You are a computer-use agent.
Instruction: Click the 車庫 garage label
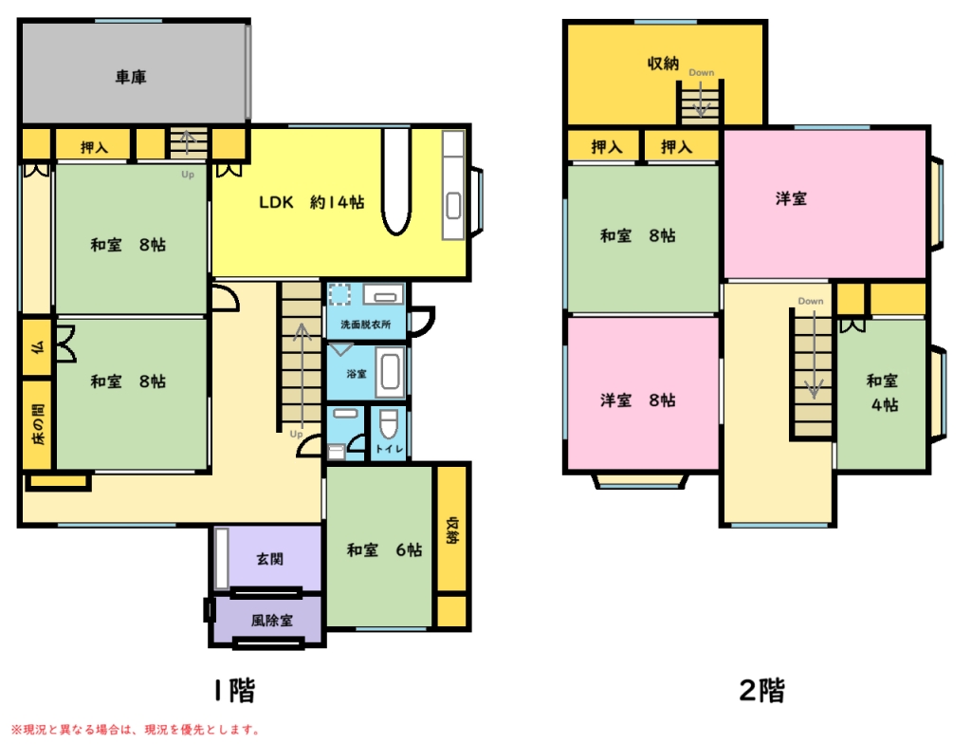point(131,77)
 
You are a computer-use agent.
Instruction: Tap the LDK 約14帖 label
point(311,202)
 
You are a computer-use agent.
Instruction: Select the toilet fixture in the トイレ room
point(388,423)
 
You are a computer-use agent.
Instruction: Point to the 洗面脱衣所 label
point(365,325)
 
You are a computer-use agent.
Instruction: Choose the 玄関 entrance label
point(270,559)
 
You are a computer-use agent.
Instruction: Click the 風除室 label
point(272,620)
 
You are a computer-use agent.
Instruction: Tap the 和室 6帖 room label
point(384,549)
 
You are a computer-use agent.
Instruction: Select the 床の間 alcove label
point(38,425)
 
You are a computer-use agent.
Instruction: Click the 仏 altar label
point(38,347)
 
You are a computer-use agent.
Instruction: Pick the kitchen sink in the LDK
point(453,205)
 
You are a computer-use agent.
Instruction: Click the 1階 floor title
point(234,690)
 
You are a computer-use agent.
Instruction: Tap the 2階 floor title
point(762,690)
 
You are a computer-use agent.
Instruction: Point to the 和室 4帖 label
point(883,393)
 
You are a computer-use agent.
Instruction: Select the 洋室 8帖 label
point(638,400)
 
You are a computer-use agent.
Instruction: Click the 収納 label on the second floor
point(663,64)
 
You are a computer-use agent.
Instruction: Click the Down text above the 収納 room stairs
point(702,72)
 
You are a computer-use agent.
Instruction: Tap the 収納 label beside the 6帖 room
point(452,530)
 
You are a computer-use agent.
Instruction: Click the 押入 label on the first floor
point(94,147)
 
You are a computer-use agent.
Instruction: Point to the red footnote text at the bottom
point(135,730)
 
